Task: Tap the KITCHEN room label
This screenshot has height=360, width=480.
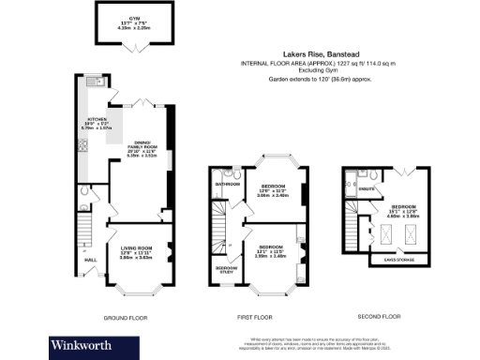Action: [x=91, y=120]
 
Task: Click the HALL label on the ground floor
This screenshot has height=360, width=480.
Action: [x=90, y=260]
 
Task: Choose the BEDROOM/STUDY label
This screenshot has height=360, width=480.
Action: [x=226, y=270]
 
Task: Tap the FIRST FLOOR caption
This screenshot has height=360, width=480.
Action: [x=255, y=318]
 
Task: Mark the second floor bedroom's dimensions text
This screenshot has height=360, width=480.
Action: [x=404, y=213]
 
